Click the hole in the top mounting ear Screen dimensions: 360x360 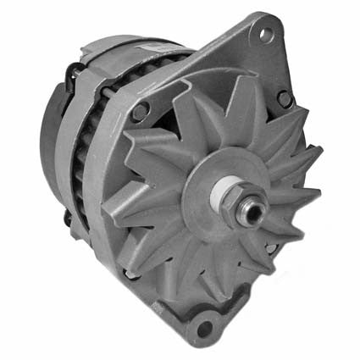pos(266,35)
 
